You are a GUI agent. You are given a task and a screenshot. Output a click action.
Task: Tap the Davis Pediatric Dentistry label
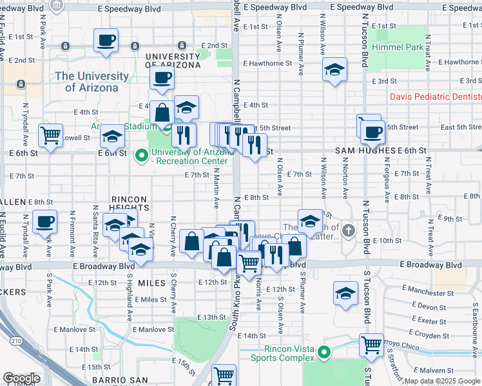tap(435, 96)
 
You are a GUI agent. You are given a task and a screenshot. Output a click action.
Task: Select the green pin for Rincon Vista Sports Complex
tap(325, 353)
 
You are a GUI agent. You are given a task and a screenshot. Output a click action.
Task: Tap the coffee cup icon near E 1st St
tap(106, 40)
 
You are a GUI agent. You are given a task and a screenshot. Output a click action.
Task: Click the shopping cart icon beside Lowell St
tap(50, 135)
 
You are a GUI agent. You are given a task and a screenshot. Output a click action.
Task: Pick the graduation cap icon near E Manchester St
tap(345, 293)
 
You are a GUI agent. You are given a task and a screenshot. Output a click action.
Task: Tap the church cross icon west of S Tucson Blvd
tap(349, 230)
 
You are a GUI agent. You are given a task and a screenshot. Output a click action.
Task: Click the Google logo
tap(21, 378)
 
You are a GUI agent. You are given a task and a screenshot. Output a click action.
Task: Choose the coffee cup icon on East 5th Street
tap(372, 133)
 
